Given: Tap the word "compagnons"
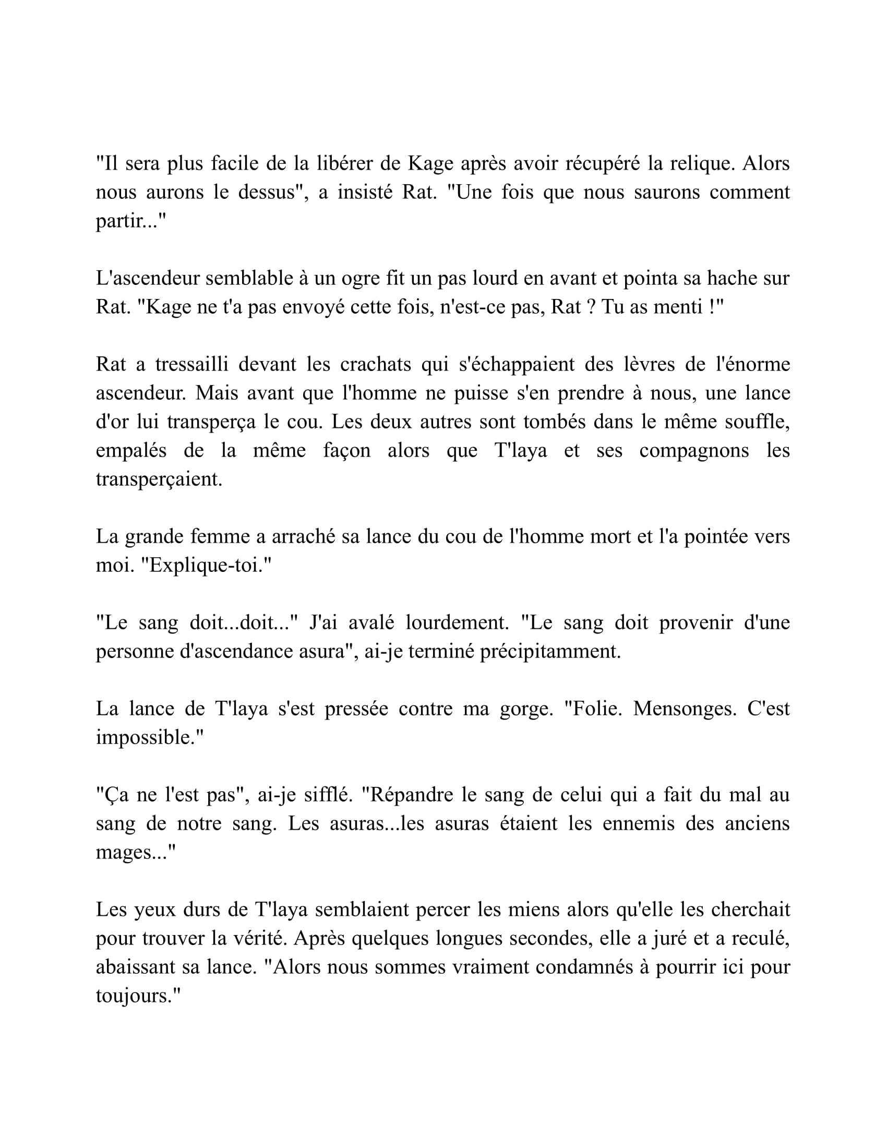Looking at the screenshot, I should (693, 450).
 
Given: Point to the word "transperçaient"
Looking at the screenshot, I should (159, 480).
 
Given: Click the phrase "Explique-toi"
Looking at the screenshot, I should (205, 566).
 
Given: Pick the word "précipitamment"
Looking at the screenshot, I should (550, 652).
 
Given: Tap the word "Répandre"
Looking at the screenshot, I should (411, 795).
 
